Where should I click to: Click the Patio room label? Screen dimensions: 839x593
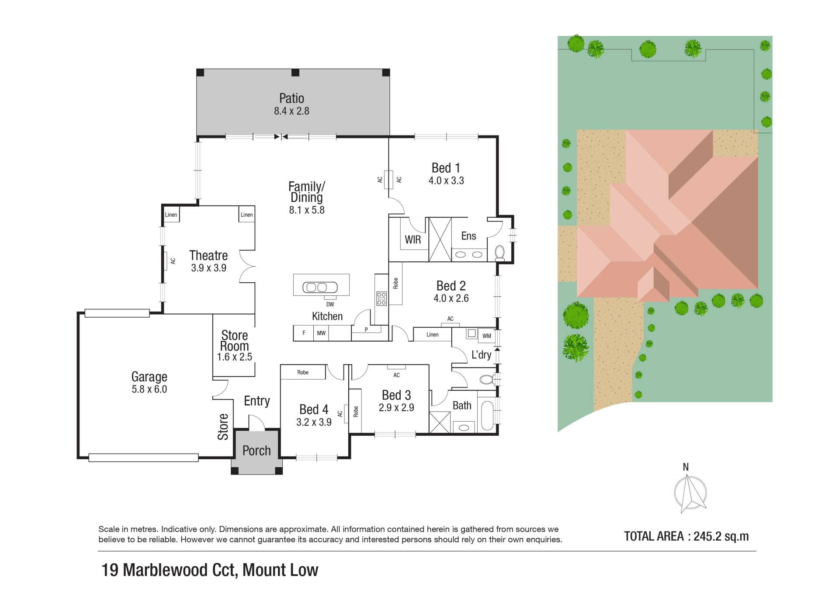pos(291,98)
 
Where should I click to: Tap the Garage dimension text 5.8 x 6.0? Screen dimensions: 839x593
pos(149,389)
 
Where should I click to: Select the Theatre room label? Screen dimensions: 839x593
pos(208,255)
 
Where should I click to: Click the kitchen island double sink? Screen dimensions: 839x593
pos(321,287)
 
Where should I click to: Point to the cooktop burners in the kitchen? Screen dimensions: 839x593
pos(381,298)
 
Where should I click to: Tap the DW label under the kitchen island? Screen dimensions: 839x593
pos(330,304)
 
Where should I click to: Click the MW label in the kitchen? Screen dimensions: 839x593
pos(321,333)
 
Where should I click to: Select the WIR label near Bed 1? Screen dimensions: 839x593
pos(413,239)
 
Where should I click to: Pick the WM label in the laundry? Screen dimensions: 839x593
pos(487,336)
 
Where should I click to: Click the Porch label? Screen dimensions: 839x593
pos(257,451)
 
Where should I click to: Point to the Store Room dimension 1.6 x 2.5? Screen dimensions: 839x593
pos(235,357)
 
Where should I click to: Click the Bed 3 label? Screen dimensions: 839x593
pos(396,395)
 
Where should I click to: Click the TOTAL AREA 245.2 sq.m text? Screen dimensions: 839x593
pos(686,536)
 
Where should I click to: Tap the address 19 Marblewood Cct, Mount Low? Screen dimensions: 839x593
pos(210,570)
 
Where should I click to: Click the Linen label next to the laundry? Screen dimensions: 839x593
pos(433,335)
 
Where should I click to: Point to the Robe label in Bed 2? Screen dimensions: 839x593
pos(396,284)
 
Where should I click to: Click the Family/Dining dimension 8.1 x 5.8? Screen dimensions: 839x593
pos(307,210)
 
